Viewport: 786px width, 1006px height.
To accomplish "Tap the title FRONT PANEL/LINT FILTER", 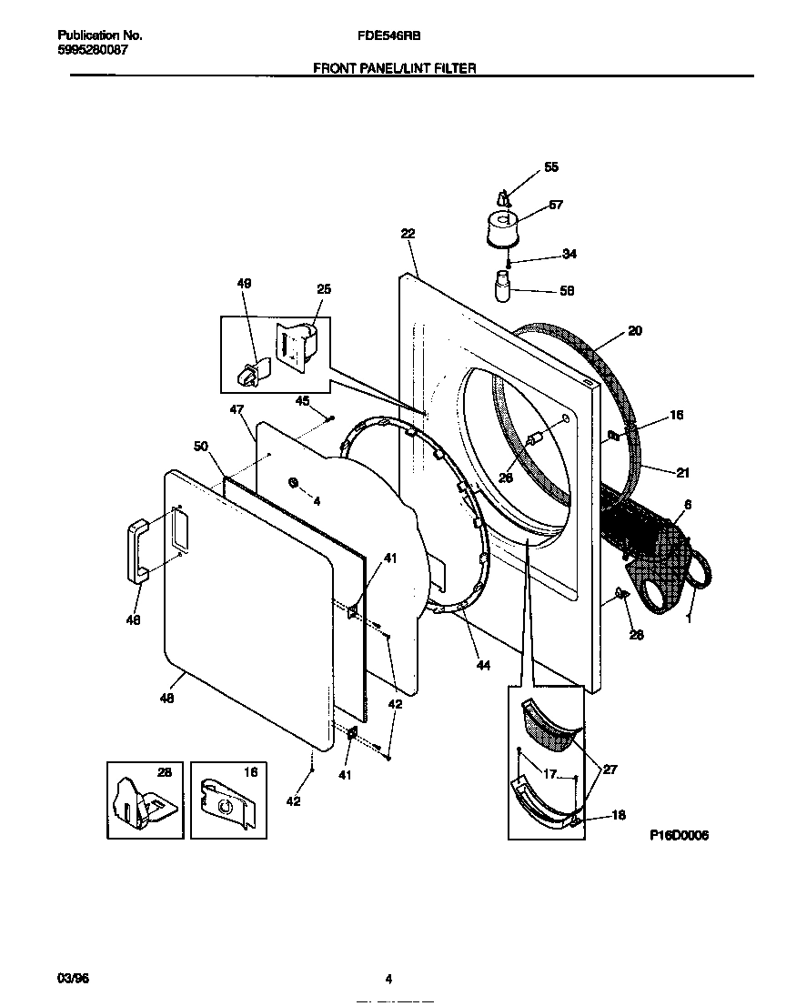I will click(395, 67).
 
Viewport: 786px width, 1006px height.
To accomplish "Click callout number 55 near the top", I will click(551, 167).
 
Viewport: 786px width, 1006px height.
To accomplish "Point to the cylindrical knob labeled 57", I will click(499, 228).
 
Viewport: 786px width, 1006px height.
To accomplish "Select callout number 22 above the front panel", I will click(408, 234).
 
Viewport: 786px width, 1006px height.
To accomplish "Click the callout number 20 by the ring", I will click(635, 331).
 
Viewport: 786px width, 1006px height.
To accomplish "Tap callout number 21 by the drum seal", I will click(683, 471).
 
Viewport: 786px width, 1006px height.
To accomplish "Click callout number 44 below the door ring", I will click(483, 665).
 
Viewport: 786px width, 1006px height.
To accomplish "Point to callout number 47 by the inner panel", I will click(237, 411).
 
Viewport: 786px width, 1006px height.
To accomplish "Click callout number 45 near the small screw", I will click(303, 400).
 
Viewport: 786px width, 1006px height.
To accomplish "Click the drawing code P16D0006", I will click(679, 835).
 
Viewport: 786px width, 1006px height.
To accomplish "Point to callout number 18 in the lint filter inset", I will click(619, 816).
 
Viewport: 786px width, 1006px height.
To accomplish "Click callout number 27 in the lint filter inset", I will click(610, 770).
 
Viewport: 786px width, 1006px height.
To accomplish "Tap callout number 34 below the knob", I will click(569, 254).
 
